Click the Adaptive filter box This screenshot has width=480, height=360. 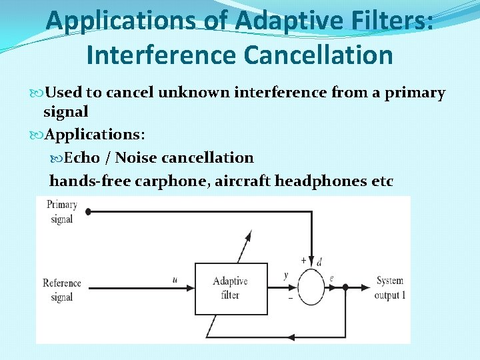click(230, 288)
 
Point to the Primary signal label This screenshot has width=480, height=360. click(62, 211)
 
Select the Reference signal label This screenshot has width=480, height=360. click(61, 290)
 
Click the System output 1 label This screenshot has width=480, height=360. click(390, 288)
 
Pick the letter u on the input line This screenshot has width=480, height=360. click(175, 280)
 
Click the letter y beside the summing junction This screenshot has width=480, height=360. click(286, 275)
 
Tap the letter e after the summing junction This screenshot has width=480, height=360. click(331, 277)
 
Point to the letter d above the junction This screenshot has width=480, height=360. click(320, 261)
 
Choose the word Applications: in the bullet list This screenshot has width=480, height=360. click(95, 135)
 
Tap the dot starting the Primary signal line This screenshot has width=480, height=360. click(88, 211)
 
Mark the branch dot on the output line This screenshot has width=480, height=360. click(345, 288)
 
